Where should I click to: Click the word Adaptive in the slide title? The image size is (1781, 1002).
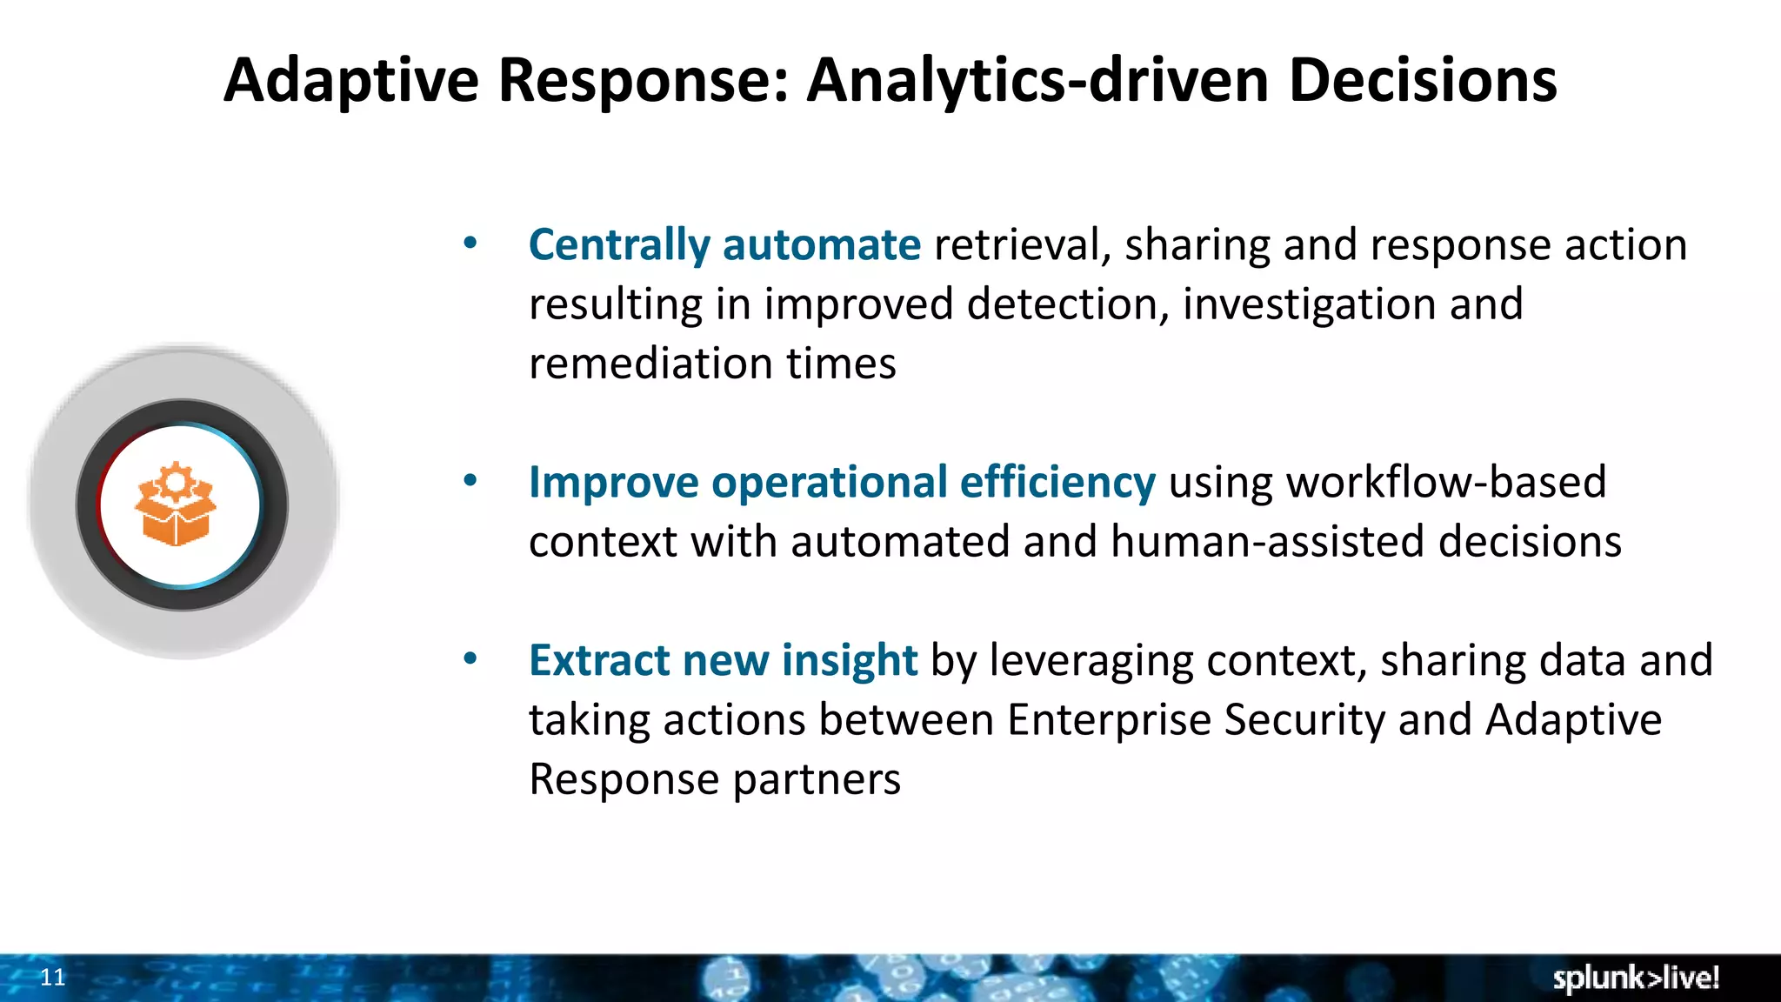click(350, 80)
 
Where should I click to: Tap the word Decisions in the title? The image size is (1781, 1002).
click(1422, 80)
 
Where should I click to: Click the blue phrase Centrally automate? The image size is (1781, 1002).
click(724, 244)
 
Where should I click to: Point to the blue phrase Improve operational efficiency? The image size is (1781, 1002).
click(842, 482)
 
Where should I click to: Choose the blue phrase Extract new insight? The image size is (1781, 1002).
click(723, 660)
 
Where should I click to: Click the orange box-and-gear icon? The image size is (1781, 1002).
click(176, 504)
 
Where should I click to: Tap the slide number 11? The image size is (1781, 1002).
click(53, 978)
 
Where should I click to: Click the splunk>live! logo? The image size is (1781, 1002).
click(1635, 978)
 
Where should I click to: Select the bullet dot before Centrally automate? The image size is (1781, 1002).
click(470, 244)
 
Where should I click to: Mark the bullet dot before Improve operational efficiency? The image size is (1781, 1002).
click(470, 480)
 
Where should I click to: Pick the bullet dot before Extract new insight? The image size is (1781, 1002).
click(470, 659)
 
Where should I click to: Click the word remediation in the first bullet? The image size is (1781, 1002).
click(650, 364)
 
